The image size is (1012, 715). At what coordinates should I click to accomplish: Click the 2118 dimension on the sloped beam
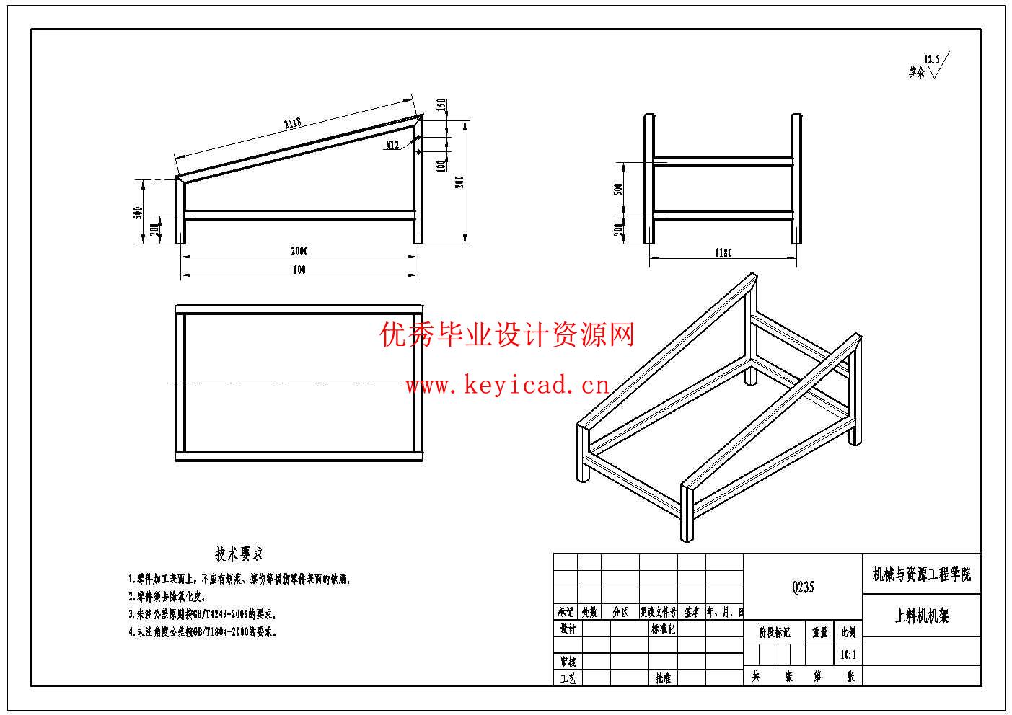click(292, 123)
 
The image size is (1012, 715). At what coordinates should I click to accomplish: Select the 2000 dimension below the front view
click(299, 252)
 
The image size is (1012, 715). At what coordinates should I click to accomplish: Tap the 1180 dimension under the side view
click(723, 253)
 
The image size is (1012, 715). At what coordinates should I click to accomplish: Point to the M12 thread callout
click(393, 146)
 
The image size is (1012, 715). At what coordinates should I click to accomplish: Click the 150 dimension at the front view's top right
click(441, 105)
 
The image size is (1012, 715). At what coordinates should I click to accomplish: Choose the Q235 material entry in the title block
click(802, 587)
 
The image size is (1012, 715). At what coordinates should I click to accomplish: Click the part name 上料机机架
click(922, 616)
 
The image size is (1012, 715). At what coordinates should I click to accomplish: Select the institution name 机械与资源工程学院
click(922, 574)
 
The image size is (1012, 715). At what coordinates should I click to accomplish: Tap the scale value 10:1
click(848, 655)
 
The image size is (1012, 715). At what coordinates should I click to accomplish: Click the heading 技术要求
click(239, 554)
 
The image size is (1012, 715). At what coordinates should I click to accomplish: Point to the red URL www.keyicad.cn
click(507, 386)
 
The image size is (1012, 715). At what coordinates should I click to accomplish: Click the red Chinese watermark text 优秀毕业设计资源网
click(507, 335)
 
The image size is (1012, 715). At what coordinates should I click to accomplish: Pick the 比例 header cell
click(848, 633)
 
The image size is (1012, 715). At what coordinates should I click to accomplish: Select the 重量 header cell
click(820, 633)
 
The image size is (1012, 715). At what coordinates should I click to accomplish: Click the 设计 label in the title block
click(568, 629)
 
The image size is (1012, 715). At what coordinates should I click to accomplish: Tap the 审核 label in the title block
click(568, 662)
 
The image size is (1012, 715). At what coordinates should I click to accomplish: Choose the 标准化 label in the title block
click(663, 629)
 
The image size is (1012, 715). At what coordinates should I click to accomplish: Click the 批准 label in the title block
click(663, 678)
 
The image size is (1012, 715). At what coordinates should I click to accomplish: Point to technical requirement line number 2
click(167, 597)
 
